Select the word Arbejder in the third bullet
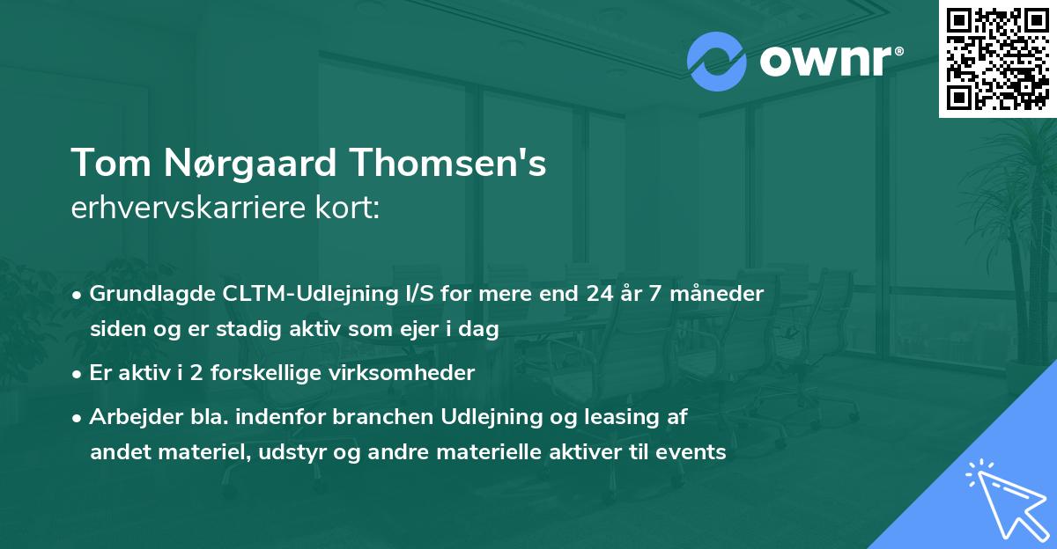coord(129,416)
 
